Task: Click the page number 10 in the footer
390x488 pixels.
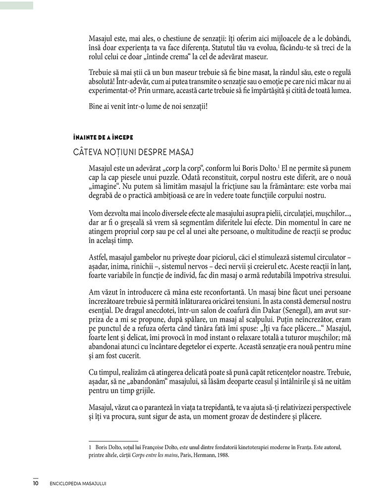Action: tap(36, 482)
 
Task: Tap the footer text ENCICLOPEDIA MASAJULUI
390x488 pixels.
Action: tap(79, 482)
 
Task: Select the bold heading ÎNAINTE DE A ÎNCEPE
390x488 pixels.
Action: tap(103, 137)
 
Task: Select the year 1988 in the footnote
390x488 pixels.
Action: tap(222, 454)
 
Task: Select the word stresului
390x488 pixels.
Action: tap(335, 274)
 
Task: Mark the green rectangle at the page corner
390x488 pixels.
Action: tap(16, 5)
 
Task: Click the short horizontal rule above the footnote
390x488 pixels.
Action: tap(112, 440)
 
